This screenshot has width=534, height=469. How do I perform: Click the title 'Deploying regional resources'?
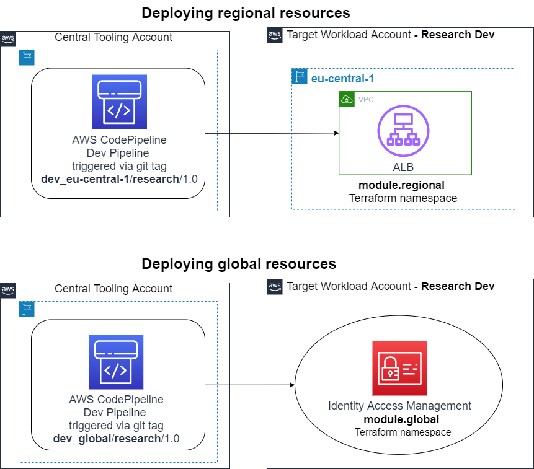246,13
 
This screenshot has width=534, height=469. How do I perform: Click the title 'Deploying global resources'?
239,264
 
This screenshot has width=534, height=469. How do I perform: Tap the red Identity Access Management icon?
399,368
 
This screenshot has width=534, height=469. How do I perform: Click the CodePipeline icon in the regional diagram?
120,102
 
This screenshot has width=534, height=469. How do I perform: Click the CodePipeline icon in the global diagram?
116,362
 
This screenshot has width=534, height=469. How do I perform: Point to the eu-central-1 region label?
342,79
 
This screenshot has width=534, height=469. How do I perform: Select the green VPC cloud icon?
346,99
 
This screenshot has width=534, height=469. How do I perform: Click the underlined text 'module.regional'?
401,185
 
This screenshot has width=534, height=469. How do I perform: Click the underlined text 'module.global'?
401,419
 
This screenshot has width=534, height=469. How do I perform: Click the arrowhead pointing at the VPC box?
336,133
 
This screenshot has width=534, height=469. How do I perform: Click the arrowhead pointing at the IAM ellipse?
291,385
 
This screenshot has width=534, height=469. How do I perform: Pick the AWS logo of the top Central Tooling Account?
8,38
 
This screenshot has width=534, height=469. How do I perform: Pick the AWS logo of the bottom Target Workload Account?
275,286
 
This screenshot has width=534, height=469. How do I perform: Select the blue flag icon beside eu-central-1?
300,76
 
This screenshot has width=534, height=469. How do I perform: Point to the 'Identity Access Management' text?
399,406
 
